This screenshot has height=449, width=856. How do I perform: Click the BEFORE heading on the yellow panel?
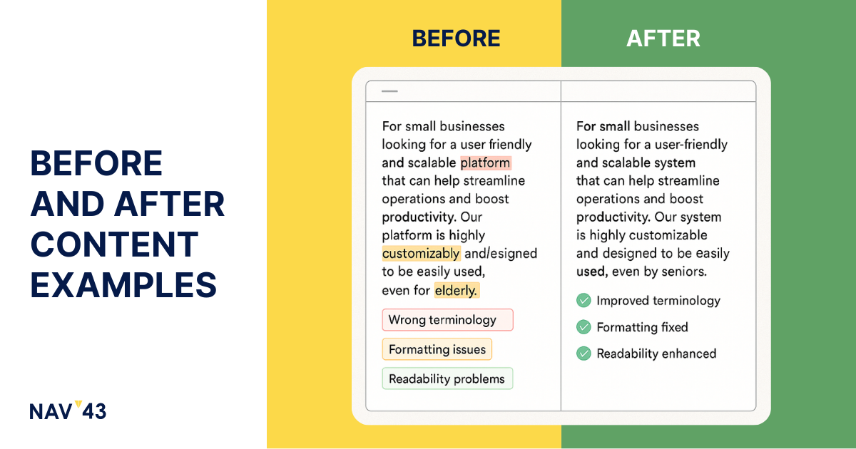point(456,38)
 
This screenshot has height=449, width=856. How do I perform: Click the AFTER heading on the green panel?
point(663,38)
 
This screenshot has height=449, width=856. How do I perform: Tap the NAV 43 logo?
point(68,411)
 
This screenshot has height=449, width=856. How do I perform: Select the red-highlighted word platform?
point(485,162)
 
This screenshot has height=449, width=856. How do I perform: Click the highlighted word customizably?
point(421,254)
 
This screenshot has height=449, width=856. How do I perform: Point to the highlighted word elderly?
point(457,291)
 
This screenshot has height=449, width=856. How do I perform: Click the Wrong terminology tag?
point(447,319)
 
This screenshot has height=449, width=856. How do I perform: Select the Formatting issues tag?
point(437,349)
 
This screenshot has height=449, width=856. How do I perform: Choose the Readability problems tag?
point(447,378)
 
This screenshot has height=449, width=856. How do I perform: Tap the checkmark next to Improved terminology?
point(584,301)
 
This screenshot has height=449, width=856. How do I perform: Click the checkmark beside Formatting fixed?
point(584,327)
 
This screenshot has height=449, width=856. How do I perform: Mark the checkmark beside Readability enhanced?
point(584,353)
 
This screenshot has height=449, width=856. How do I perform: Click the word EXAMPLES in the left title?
point(123,285)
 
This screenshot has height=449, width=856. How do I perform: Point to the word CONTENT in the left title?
point(114,244)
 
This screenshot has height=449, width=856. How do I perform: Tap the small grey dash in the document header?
point(389,91)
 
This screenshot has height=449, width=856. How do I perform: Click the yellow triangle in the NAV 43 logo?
point(78,404)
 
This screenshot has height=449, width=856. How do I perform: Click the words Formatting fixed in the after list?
point(643,327)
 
